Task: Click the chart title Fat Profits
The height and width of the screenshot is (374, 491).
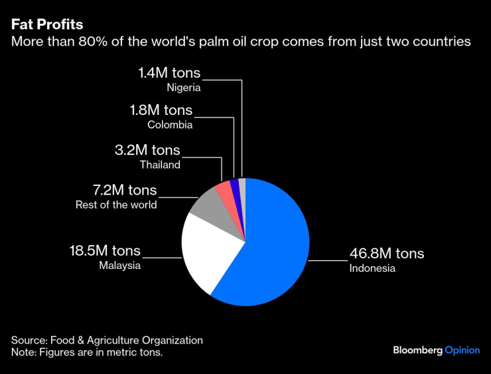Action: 47,25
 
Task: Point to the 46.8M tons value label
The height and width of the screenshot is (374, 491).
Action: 387,253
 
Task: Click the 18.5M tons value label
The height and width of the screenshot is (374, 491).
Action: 105,250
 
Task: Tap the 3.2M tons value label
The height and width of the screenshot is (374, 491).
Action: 147,150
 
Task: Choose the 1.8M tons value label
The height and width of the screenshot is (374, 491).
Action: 161,110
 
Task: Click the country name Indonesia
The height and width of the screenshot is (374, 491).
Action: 372,268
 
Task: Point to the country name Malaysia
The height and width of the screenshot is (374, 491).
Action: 120,266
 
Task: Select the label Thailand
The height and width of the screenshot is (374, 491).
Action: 160,165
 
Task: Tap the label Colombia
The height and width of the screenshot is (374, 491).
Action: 171,124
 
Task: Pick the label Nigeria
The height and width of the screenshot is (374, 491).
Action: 184,87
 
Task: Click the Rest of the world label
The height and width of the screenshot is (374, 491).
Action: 116,205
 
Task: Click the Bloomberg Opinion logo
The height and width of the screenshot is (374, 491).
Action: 436,350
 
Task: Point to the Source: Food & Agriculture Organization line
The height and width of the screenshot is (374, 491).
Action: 107,340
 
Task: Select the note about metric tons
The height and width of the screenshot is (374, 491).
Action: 87,353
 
